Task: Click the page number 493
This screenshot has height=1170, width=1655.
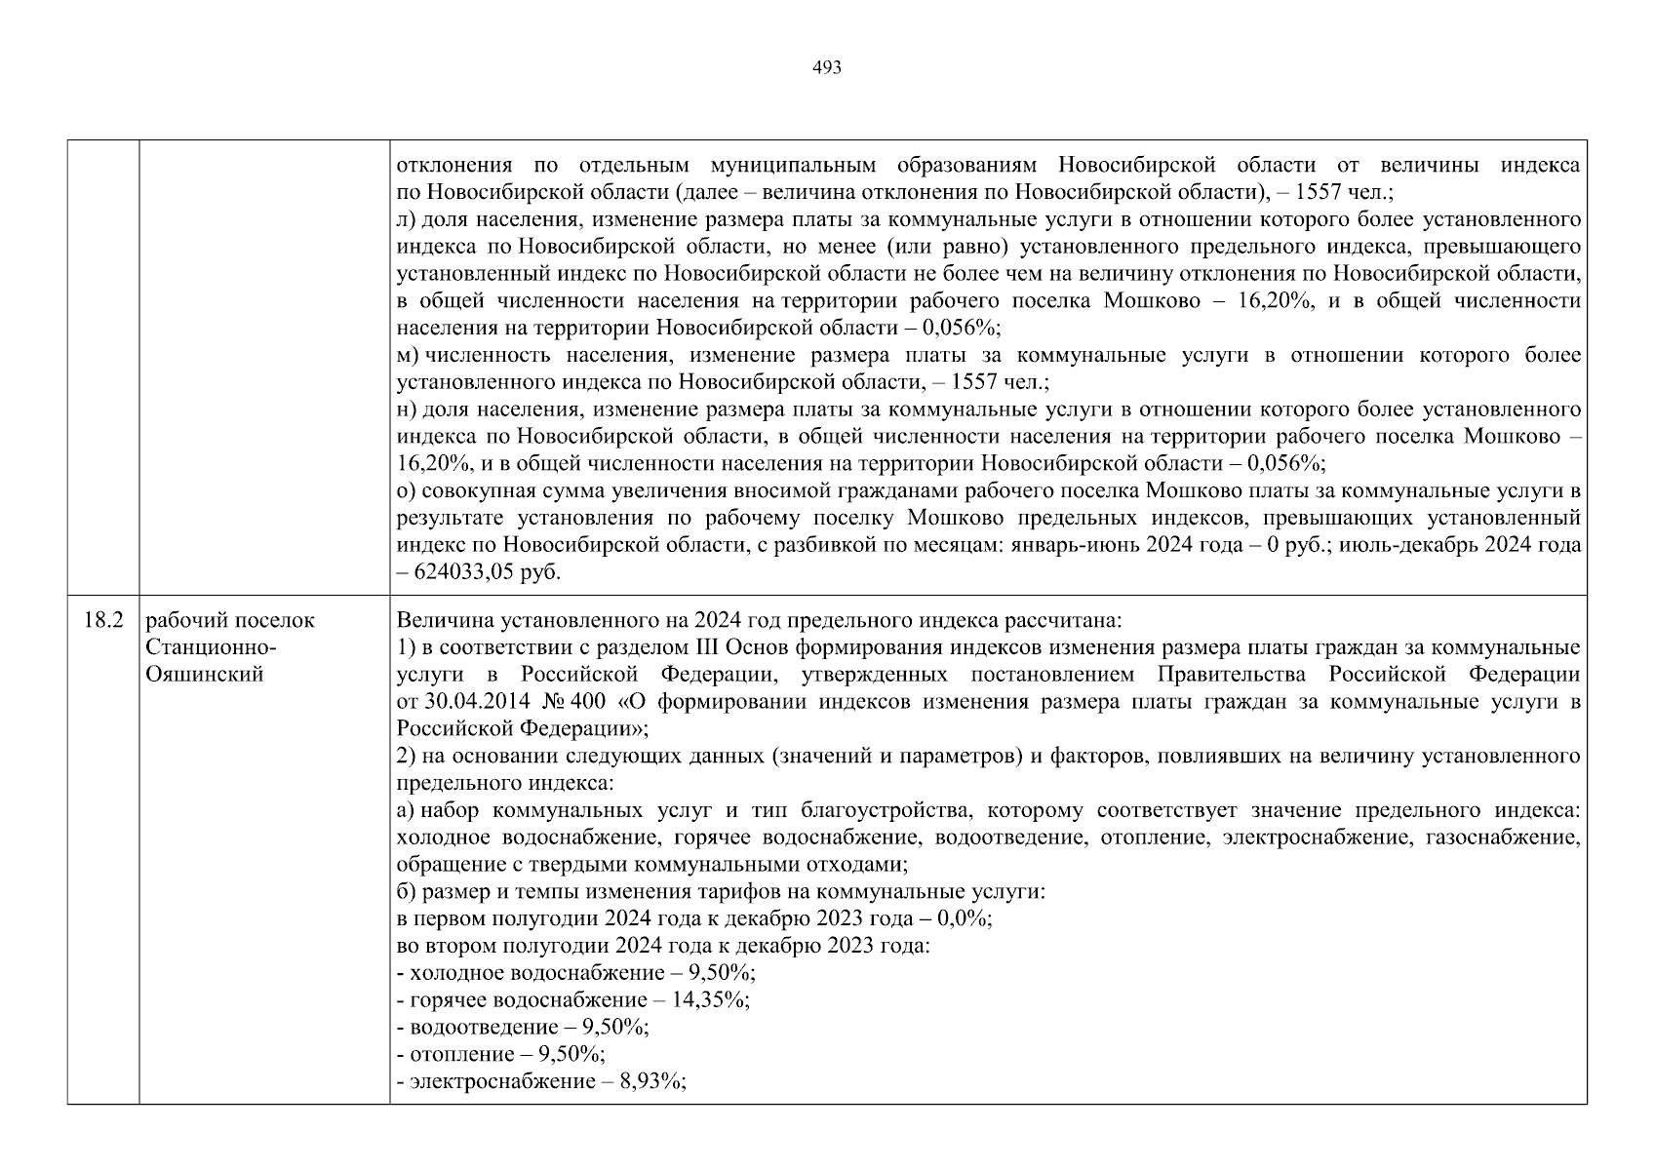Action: [826, 68]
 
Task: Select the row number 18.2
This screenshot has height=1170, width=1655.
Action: [102, 621]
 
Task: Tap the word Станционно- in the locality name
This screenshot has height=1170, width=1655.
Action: [210, 647]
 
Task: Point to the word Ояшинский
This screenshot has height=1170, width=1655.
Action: [204, 675]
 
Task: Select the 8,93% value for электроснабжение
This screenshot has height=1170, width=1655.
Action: [649, 1081]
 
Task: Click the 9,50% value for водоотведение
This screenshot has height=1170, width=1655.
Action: [614, 1027]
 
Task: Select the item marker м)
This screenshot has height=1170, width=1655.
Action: [409, 356]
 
